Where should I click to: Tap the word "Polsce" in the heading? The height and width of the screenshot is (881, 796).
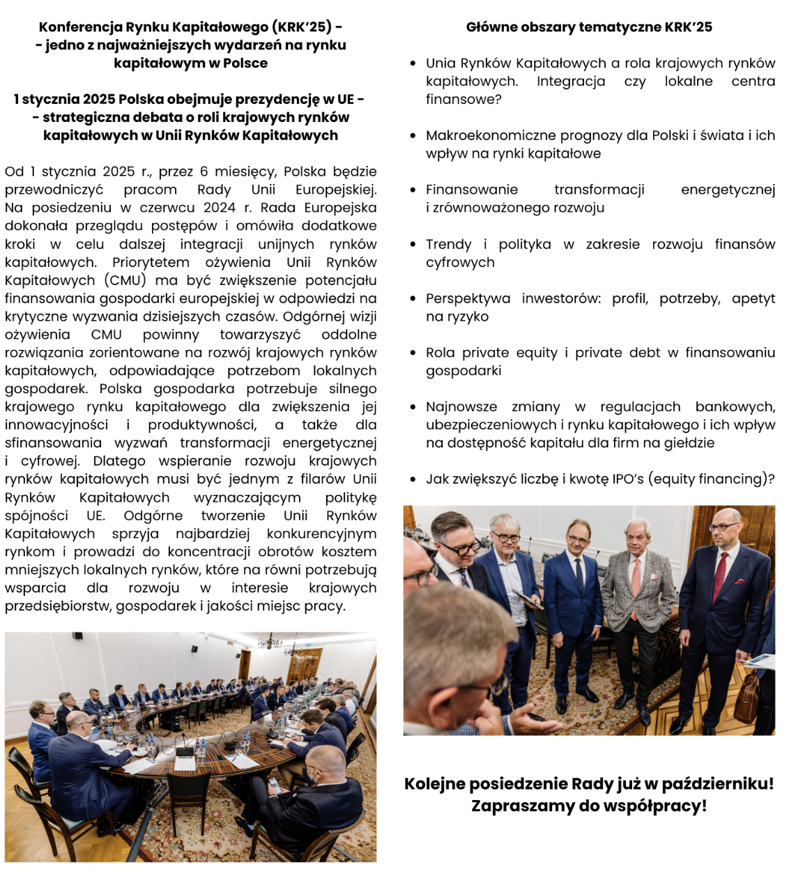[x=245, y=63]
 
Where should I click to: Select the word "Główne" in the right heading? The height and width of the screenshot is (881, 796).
[x=488, y=27]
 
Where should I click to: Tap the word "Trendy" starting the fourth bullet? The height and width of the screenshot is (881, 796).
[x=448, y=244]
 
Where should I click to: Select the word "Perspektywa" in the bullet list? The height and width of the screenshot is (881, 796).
[x=468, y=298]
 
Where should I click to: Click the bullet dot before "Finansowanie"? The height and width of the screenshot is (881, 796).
[x=413, y=190]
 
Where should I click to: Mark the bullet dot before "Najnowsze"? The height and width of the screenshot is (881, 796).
[x=413, y=407]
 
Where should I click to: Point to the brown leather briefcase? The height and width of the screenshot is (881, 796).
[x=747, y=696]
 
